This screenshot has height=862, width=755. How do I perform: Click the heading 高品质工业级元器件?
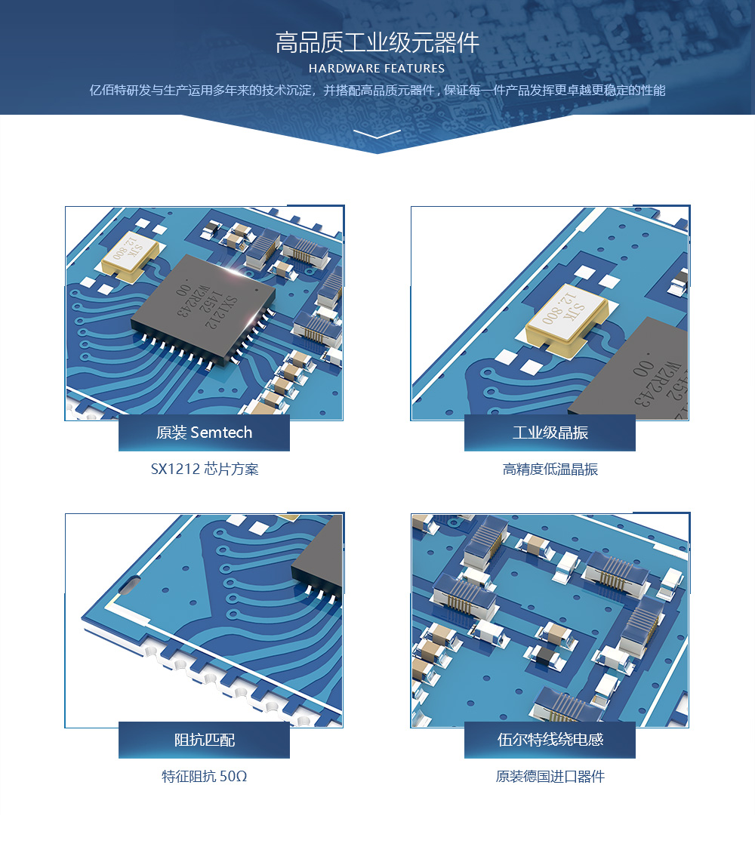377,43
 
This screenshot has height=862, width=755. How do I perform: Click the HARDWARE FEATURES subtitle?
377,69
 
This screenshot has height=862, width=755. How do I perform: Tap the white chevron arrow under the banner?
377,134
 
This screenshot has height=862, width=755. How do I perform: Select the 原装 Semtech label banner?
204,433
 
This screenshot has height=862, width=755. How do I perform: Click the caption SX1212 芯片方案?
205,469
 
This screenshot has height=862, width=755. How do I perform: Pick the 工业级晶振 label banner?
550,433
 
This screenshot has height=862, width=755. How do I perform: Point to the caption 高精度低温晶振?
550,469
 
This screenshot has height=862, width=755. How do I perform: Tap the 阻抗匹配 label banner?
204,740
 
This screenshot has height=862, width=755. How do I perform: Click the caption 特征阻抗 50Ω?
205,776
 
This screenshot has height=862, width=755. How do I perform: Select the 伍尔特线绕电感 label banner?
550,740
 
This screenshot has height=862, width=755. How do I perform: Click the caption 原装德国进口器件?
550,776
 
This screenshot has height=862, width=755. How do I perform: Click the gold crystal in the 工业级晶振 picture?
567,317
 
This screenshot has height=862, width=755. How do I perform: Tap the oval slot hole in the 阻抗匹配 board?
131,583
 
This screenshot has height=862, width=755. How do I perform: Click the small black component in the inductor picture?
546,655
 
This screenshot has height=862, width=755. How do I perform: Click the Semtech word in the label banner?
221,433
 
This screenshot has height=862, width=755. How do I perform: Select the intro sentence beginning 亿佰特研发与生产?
377,90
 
